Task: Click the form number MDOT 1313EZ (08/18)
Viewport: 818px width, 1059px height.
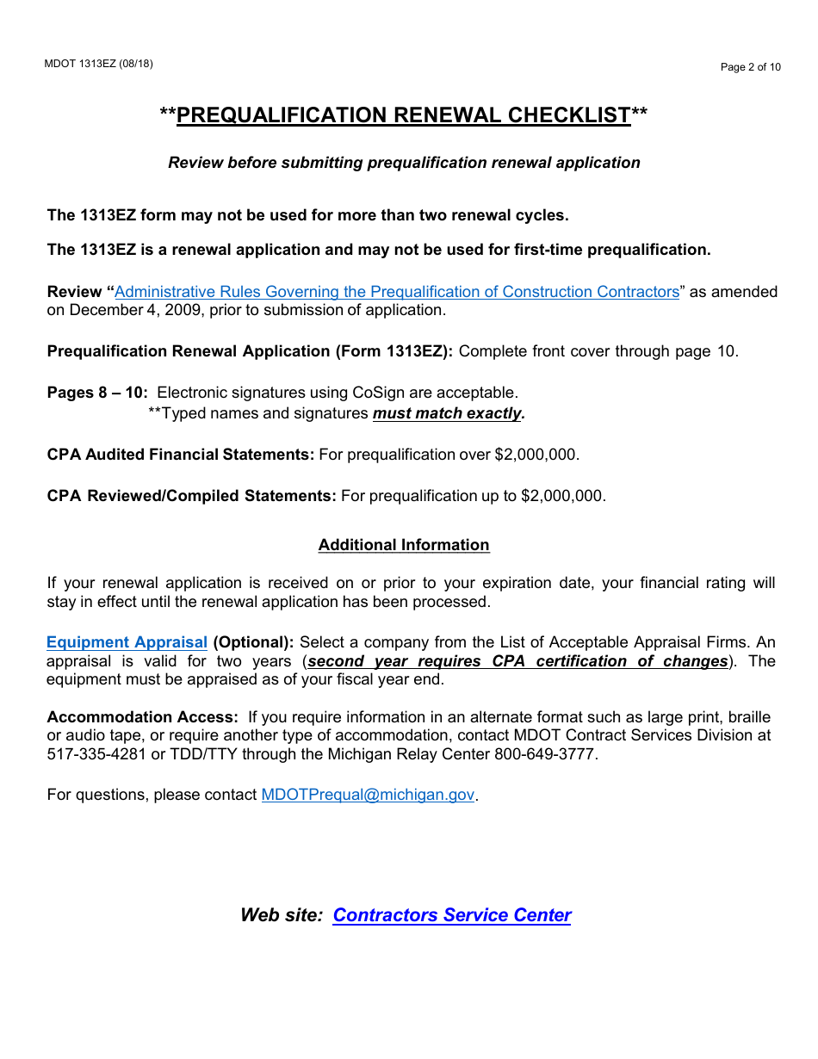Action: point(98,64)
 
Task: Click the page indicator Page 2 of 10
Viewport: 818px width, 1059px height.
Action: point(750,67)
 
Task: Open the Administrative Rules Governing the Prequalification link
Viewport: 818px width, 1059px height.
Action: point(397,292)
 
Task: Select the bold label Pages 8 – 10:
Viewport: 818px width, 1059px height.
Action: point(97,393)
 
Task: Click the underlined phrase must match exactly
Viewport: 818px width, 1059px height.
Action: point(448,413)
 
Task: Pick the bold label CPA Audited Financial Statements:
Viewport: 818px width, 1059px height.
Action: point(181,455)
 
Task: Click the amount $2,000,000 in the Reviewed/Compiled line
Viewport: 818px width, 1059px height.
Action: point(561,496)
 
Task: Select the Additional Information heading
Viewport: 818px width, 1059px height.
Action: point(404,545)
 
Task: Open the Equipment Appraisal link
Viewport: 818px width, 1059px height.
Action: point(127,642)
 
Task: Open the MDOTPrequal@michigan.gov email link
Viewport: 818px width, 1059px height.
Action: point(368,795)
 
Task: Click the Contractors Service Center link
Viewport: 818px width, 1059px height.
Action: point(452,915)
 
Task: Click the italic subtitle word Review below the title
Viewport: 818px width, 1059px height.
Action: point(194,163)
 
